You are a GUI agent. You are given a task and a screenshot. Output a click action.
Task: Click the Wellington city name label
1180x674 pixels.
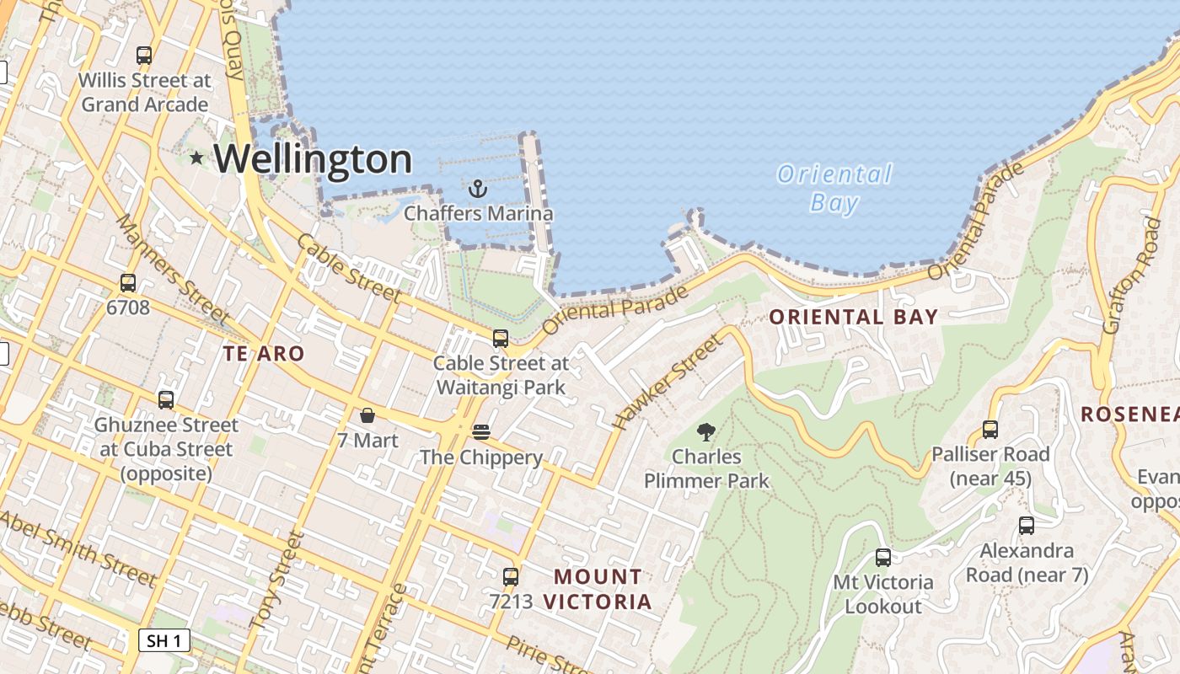tap(313, 158)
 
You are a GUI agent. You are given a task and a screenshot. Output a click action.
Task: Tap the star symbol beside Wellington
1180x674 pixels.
tap(196, 158)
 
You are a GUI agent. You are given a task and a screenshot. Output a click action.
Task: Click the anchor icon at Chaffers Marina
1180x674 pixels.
tap(478, 188)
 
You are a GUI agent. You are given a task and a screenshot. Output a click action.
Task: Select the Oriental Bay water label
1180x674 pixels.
tap(834, 188)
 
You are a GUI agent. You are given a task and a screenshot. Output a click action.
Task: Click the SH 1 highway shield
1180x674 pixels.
tap(164, 640)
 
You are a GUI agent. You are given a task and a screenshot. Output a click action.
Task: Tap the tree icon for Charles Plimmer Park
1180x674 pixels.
tap(706, 432)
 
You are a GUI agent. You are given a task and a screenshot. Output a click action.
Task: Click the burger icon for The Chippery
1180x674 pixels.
tap(481, 432)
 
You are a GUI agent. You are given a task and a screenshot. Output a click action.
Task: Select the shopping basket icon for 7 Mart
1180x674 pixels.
tap(367, 415)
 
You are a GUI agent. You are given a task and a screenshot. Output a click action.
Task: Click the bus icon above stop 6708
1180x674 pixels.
tap(128, 283)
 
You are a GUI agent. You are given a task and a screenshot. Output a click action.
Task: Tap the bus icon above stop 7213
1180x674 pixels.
tap(511, 576)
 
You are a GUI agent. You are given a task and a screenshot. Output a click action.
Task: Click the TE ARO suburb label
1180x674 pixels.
tap(263, 354)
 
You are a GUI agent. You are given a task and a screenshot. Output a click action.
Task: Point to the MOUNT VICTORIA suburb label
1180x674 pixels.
tap(598, 589)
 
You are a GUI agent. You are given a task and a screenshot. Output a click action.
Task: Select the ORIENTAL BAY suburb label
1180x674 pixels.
tap(854, 318)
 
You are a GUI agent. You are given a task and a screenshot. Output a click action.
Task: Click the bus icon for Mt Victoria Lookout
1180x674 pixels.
tap(882, 558)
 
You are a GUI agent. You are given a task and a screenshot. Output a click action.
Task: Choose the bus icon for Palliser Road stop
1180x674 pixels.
tap(990, 430)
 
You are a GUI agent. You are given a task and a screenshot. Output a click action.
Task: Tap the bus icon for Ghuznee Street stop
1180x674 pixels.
tap(166, 400)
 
